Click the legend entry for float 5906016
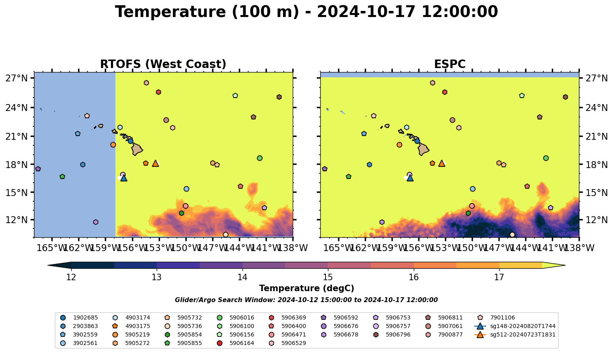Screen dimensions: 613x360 pos(236,317)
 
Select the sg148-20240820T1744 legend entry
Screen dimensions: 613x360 pos(515,326)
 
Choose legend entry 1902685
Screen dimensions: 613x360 pos(79,317)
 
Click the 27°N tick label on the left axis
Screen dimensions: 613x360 pos(17,78)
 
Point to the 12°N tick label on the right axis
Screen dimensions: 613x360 pos(596,220)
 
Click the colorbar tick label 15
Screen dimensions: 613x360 pos(328,278)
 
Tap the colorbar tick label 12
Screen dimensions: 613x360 pos(71,278)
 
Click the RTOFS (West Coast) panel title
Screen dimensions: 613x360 pos(163,64)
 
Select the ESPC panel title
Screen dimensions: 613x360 pos(449,64)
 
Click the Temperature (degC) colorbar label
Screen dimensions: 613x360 pos(306,288)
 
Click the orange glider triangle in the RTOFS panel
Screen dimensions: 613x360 pos(155,164)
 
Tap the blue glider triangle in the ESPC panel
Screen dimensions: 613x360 pos(410,178)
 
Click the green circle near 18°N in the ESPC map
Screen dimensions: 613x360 pos(546,158)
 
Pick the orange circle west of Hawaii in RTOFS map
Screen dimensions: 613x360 pos(113,145)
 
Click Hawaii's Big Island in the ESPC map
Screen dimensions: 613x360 pos(424,149)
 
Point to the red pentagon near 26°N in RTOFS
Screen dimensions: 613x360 pos(158,92)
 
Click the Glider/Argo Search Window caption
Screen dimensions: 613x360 pos(306,300)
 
